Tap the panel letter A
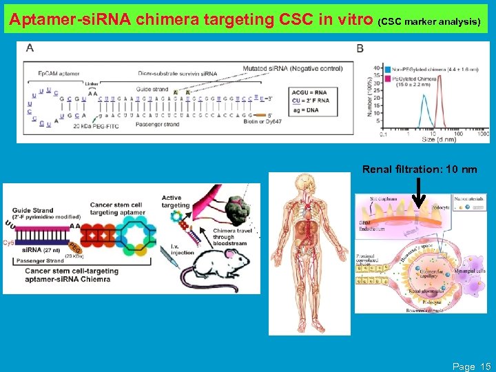[30, 48]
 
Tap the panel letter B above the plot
[360, 48]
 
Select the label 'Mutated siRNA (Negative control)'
[292, 68]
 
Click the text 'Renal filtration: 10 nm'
[419, 169]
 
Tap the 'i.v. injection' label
[175, 249]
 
